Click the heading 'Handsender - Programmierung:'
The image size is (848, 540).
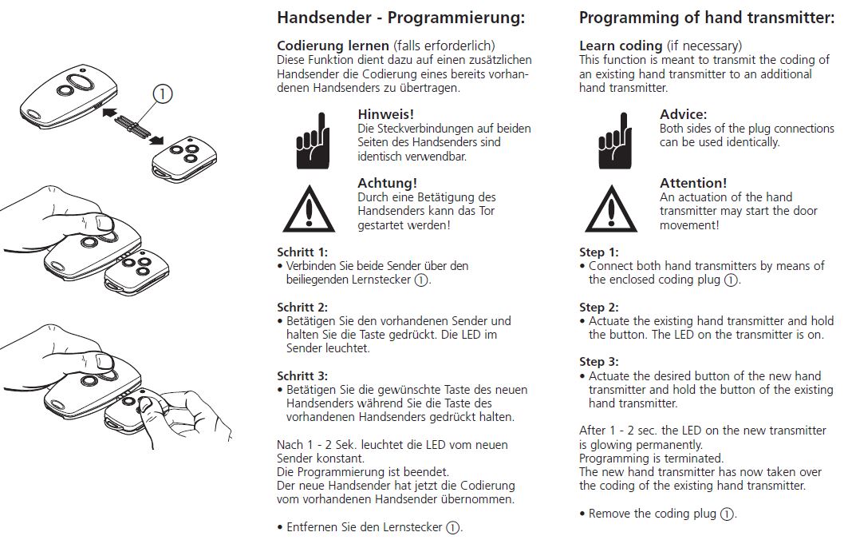click(x=400, y=18)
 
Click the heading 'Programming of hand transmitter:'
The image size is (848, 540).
click(x=707, y=18)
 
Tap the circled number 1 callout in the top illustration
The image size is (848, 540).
click(x=162, y=94)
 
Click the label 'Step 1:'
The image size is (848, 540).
click(x=598, y=252)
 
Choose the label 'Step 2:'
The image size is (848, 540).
click(x=598, y=307)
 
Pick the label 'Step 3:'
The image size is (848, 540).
click(x=598, y=362)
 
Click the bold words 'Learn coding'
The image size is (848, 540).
click(x=621, y=46)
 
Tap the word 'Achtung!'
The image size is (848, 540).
click(x=387, y=183)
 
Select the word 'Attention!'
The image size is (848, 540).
click(x=693, y=183)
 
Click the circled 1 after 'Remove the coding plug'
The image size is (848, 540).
click(x=727, y=514)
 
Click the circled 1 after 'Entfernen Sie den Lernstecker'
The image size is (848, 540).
click(x=452, y=527)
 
